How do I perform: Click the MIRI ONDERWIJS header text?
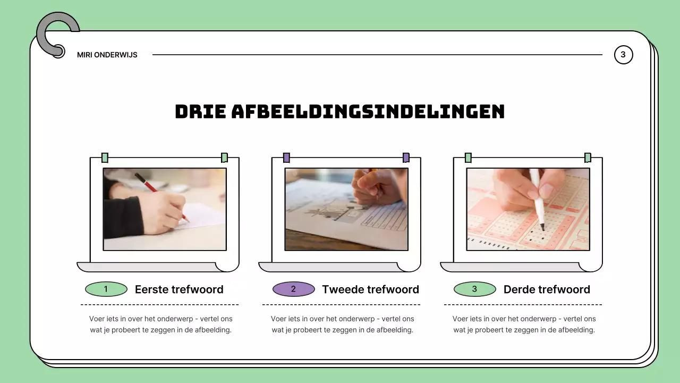pyautogui.click(x=107, y=55)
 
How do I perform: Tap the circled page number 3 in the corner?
pyautogui.click(x=623, y=55)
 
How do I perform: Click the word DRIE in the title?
pyautogui.click(x=200, y=112)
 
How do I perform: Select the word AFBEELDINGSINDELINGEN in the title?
pyautogui.click(x=368, y=112)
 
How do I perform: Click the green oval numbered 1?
pyautogui.click(x=106, y=289)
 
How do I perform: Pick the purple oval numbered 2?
pyautogui.click(x=294, y=289)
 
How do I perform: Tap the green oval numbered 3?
pyautogui.click(x=475, y=289)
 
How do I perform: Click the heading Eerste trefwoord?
pyautogui.click(x=179, y=289)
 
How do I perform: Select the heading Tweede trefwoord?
pyautogui.click(x=370, y=289)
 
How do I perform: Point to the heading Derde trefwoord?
pyautogui.click(x=547, y=289)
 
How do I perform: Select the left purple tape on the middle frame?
pyautogui.click(x=286, y=158)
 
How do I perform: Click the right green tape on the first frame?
pyautogui.click(x=224, y=158)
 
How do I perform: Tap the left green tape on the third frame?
pyautogui.click(x=468, y=158)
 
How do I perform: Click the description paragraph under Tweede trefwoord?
pyautogui.click(x=343, y=324)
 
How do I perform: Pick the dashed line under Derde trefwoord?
pyautogui.click(x=523, y=304)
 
